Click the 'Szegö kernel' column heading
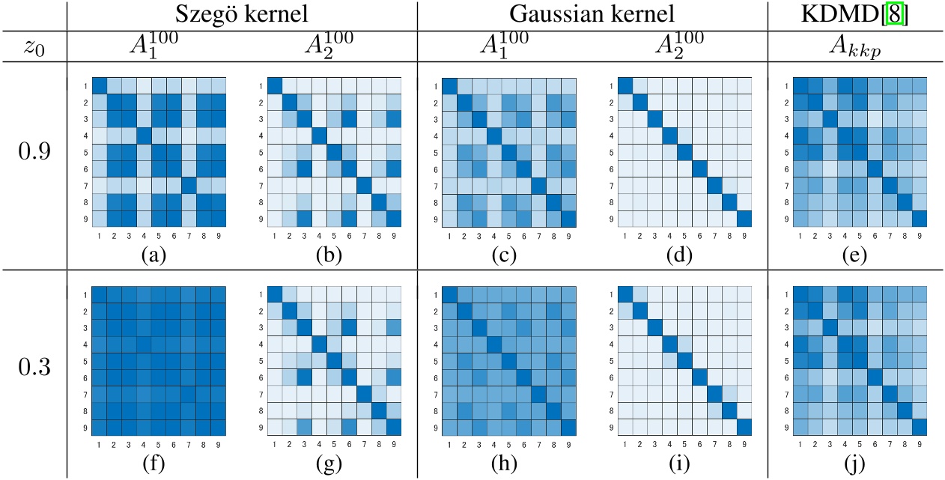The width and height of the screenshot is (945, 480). click(x=241, y=15)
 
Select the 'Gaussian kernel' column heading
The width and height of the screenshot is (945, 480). click(x=592, y=15)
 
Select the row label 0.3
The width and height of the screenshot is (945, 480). click(x=34, y=369)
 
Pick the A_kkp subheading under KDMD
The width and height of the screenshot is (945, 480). click(x=857, y=46)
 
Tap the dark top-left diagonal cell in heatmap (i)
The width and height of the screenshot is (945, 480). click(x=625, y=293)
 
